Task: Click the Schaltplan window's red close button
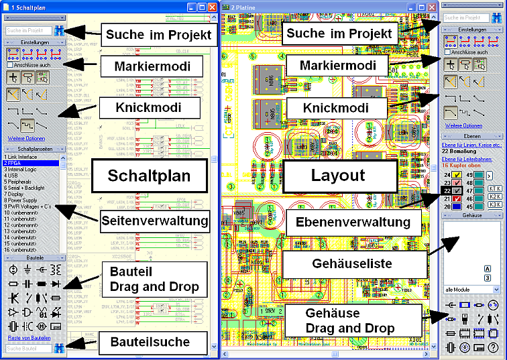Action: [x=212, y=6]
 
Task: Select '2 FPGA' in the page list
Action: [x=15, y=163]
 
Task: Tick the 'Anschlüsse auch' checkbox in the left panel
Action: [x=9, y=65]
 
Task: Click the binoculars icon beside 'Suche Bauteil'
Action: [x=59, y=348]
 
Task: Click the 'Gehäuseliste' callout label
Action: [x=352, y=263]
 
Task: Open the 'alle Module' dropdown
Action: [x=471, y=290]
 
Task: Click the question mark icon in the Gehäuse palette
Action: [x=494, y=347]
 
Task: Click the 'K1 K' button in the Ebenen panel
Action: [x=495, y=189]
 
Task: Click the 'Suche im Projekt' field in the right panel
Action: [x=467, y=18]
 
